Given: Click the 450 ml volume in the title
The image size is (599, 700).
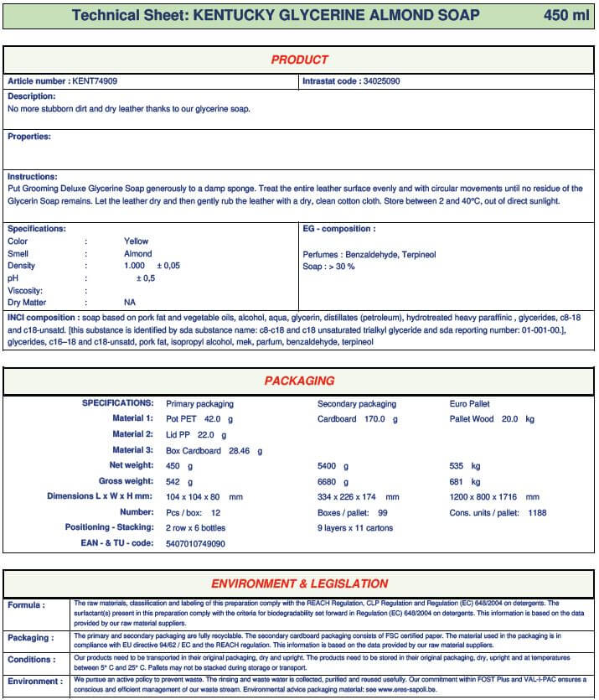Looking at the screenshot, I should pyautogui.click(x=566, y=16).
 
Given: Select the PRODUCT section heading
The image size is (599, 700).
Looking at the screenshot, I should pyautogui.click(x=299, y=60).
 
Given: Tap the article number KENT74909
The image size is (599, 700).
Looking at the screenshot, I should pyautogui.click(x=94, y=81).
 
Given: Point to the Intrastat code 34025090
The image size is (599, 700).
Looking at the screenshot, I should pyautogui.click(x=381, y=81).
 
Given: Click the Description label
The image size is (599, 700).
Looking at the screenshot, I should pyautogui.click(x=32, y=96).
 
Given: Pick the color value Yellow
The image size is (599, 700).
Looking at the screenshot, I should pyautogui.click(x=136, y=241).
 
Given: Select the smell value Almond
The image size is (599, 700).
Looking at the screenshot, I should pyautogui.click(x=137, y=253).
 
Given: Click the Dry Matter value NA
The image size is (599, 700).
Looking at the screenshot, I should pyautogui.click(x=130, y=302).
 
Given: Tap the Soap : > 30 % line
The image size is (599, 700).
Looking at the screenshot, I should pyautogui.click(x=328, y=267).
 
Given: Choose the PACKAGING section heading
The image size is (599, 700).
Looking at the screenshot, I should pyautogui.click(x=299, y=381).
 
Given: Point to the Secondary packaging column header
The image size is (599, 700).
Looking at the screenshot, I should pyautogui.click(x=357, y=403).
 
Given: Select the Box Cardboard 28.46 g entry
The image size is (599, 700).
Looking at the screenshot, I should pyautogui.click(x=214, y=450).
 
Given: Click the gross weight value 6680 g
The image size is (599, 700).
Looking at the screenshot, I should pyautogui.click(x=333, y=482).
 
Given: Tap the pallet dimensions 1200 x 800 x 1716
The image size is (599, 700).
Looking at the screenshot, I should pyautogui.click(x=494, y=496).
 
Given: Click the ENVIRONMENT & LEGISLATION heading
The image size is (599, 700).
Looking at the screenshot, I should pyautogui.click(x=299, y=583).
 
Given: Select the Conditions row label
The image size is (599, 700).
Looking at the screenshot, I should pyautogui.click(x=32, y=660).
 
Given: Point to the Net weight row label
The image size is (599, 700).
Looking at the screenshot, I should pyautogui.click(x=132, y=465).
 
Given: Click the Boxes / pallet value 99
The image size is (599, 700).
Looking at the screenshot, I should pyautogui.click(x=383, y=512).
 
